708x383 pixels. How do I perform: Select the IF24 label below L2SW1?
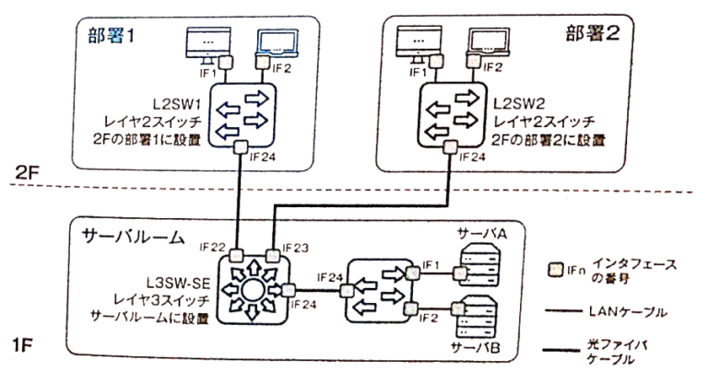click(x=261, y=157)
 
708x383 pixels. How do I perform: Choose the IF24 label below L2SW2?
click(x=470, y=157)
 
